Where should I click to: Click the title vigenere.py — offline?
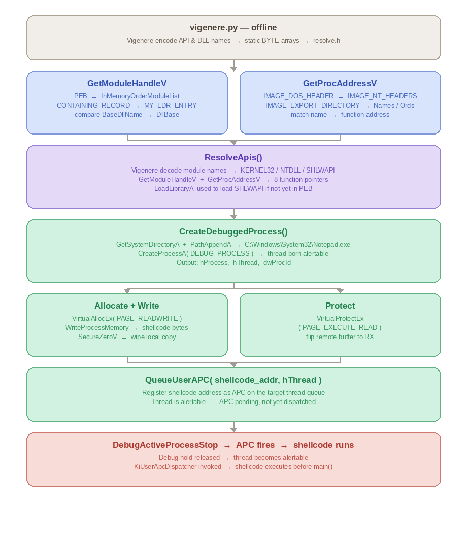pyautogui.click(x=233, y=27)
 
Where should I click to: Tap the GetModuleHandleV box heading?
pyautogui.click(x=127, y=83)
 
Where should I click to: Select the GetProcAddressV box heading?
pyautogui.click(x=340, y=83)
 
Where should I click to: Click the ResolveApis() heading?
pyautogui.click(x=233, y=157)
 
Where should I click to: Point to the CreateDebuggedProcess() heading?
pyautogui.click(x=233, y=231)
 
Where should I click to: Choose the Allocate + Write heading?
pyautogui.click(x=127, y=306)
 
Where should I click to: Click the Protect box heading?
pyautogui.click(x=340, y=306)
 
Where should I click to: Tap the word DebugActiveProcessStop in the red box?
pyautogui.click(x=165, y=445)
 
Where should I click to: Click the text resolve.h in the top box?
pyautogui.click(x=327, y=41)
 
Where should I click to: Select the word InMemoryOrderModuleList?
pyautogui.click(x=140, y=96)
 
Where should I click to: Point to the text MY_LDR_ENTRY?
pyautogui.click(x=170, y=106)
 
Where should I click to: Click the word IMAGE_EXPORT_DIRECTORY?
pyautogui.click(x=313, y=106)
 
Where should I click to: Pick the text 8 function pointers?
pyautogui.click(x=301, y=180)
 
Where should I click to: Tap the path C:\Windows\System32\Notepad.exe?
pyautogui.click(x=297, y=244)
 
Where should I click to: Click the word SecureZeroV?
pyautogui.click(x=98, y=337)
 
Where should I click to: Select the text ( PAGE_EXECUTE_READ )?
pyautogui.click(x=340, y=328)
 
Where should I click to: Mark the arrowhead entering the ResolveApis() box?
pyautogui.click(x=233, y=143)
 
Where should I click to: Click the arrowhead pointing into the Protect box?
pyautogui.click(x=341, y=291)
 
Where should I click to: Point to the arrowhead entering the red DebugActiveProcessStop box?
pyautogui.click(x=233, y=430)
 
